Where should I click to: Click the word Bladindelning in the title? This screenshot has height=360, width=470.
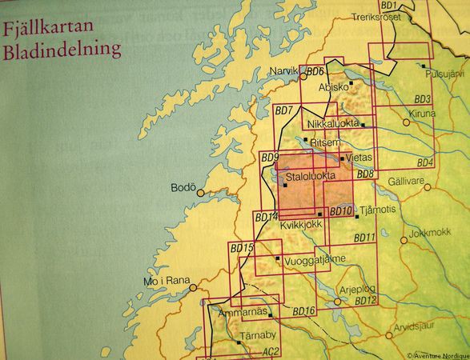coord(62,50)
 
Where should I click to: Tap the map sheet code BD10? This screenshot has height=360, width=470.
coord(340,210)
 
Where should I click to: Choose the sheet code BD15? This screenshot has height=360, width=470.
coord(242,249)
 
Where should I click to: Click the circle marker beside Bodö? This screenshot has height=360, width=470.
coord(201,192)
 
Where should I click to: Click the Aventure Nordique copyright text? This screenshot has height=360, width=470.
coord(437,355)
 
